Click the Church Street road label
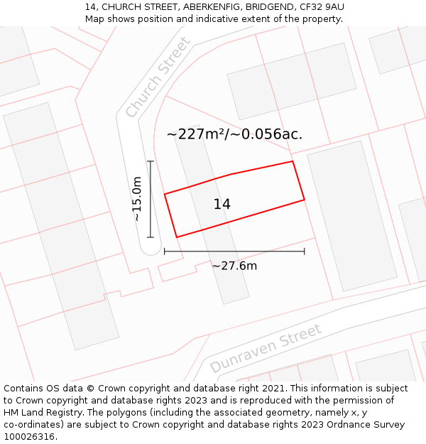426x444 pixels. (158, 77)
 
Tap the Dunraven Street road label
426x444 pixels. (266, 348)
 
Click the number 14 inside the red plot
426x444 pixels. (222, 204)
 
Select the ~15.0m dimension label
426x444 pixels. (136, 200)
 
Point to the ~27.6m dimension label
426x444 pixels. (234, 266)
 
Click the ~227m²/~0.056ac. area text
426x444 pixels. (234, 134)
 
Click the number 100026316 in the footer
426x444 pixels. (29, 436)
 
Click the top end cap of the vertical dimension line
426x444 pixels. (150, 161)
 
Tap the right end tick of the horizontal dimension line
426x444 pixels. (305, 251)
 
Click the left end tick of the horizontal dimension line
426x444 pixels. (165, 251)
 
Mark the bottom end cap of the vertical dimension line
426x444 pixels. (150, 237)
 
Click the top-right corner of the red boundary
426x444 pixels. (293, 161)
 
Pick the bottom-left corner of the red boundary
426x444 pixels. (176, 237)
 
